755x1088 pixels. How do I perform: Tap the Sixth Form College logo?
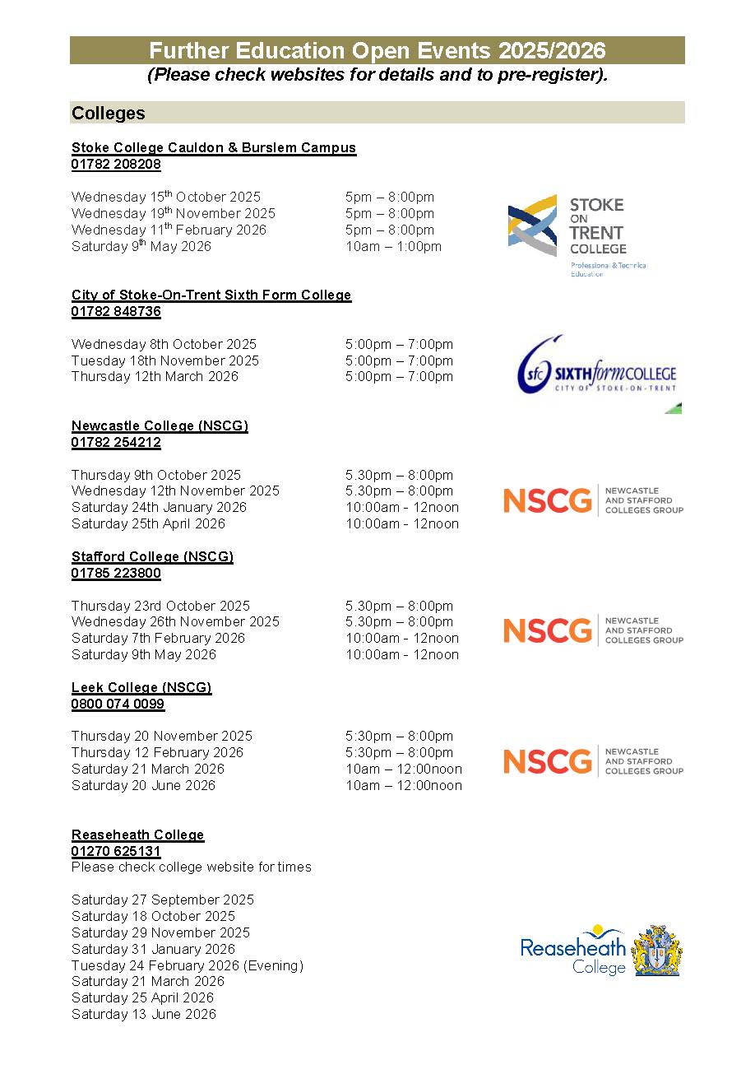coord(597,374)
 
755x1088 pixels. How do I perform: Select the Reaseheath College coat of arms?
coord(657,951)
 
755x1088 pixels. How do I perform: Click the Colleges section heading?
coord(109,114)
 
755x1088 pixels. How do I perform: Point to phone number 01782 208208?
coord(116,164)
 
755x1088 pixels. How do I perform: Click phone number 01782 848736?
coord(116,311)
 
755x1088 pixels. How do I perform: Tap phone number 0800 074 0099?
coord(118,704)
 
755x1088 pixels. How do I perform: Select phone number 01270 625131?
coord(116,851)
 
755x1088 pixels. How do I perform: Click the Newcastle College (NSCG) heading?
coord(160,425)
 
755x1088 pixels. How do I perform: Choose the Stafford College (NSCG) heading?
coord(152,556)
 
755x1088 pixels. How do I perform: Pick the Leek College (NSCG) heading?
coord(141,687)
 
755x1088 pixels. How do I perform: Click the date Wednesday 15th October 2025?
coord(165,197)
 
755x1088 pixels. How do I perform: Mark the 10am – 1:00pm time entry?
coord(393,246)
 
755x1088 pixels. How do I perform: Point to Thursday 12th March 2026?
coord(155,376)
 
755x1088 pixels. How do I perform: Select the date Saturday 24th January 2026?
coord(159,507)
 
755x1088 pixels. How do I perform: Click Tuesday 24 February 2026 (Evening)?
coord(187,965)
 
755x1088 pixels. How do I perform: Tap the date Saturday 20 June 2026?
coord(143,785)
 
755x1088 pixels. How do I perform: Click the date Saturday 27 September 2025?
coord(163,900)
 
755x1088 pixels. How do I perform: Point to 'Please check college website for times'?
coord(191,867)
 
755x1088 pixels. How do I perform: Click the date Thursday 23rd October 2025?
coord(160,606)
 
